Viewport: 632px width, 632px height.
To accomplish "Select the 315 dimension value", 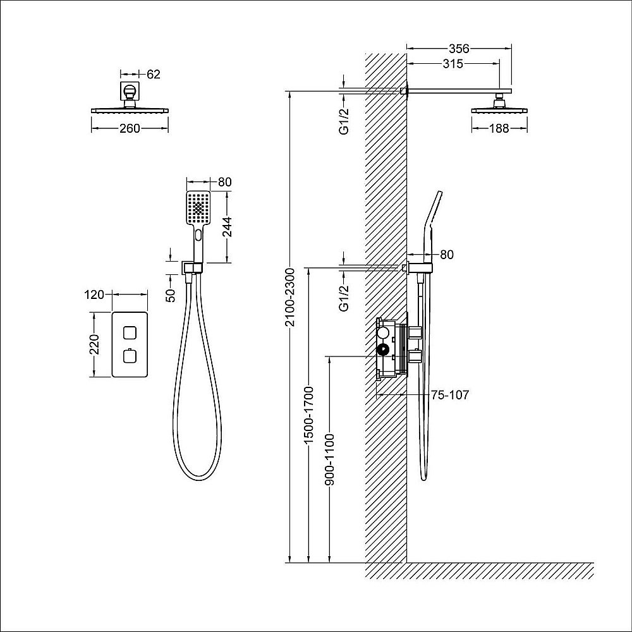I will tap(453, 63).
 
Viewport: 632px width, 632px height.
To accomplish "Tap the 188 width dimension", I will tap(499, 129).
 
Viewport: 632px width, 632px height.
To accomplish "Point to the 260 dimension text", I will tap(129, 129).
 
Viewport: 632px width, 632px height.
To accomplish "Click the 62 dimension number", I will tap(154, 75).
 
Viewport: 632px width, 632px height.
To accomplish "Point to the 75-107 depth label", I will tap(449, 395).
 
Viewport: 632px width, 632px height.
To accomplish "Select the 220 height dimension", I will tap(94, 346).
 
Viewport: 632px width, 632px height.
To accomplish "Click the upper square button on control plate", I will tap(130, 332).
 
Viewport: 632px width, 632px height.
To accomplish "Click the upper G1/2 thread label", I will tap(344, 120).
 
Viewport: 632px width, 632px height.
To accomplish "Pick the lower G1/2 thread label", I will tap(344, 298).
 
